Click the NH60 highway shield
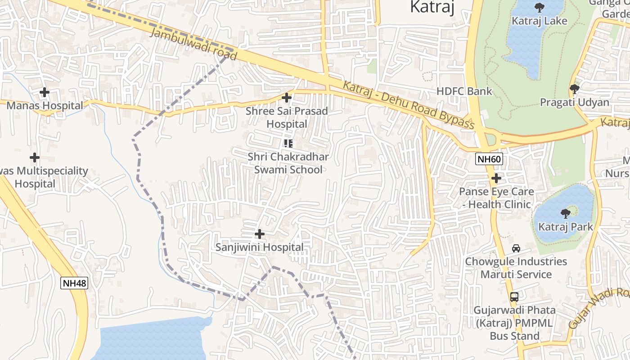coord(489,159)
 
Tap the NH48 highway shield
coord(74,283)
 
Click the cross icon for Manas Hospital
coord(44,92)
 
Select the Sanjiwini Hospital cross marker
coord(260,234)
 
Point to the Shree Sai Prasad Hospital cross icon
coord(286,97)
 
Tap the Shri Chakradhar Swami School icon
coord(288,144)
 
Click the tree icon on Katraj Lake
coord(539,7)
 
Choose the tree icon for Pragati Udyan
coord(574,89)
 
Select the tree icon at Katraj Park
coord(566,213)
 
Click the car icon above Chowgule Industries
coord(516,248)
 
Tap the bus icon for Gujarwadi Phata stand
coord(514,297)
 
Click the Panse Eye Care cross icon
coord(496,178)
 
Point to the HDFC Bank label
coord(464,91)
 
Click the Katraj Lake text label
coord(539,21)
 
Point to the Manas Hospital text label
coord(45,106)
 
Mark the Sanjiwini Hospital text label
coord(260,247)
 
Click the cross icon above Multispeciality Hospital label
coord(35,157)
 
